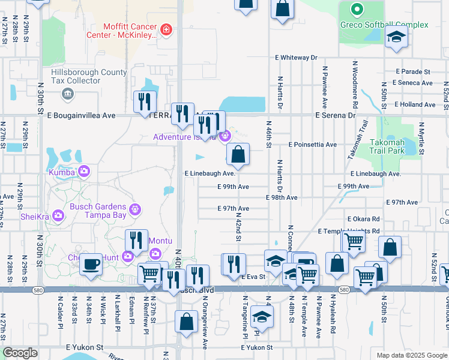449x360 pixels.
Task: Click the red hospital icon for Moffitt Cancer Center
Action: click(166, 29)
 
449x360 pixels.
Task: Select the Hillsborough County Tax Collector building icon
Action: click(67, 94)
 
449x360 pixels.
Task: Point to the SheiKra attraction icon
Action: click(58, 215)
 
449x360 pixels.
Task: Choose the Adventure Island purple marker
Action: click(224, 137)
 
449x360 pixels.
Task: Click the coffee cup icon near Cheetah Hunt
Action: click(91, 264)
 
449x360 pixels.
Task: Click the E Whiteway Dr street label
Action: click(296, 58)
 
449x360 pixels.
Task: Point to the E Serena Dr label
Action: click(336, 115)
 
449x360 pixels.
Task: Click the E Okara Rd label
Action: click(363, 220)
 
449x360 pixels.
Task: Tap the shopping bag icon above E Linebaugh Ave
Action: click(238, 155)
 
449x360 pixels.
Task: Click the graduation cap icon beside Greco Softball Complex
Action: click(396, 37)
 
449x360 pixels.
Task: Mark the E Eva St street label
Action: click(253, 277)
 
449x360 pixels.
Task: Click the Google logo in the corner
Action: click(20, 353)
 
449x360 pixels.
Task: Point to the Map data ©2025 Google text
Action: click(411, 355)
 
